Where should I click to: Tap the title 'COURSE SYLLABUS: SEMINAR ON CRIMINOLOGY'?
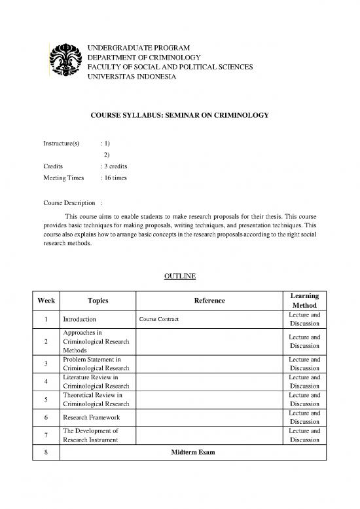(x=179, y=116)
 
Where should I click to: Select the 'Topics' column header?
(x=98, y=301)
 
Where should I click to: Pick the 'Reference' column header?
(x=209, y=301)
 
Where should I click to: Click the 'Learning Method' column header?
(x=304, y=301)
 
